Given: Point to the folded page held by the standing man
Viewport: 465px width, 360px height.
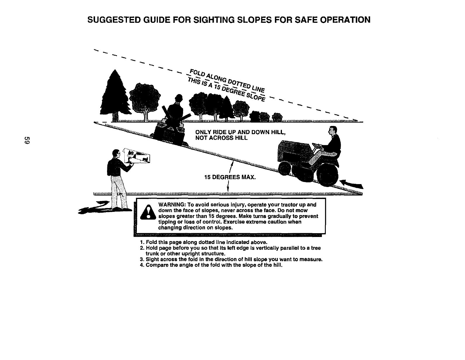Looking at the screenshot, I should [137, 155].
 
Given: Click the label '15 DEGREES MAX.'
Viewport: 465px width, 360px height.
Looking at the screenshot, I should [230, 177].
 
